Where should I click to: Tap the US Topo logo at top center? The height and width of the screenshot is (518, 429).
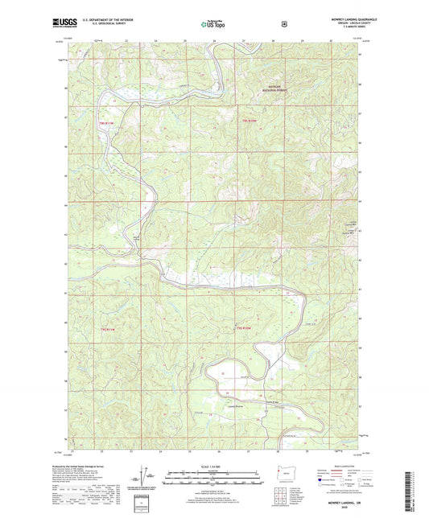[213, 24]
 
